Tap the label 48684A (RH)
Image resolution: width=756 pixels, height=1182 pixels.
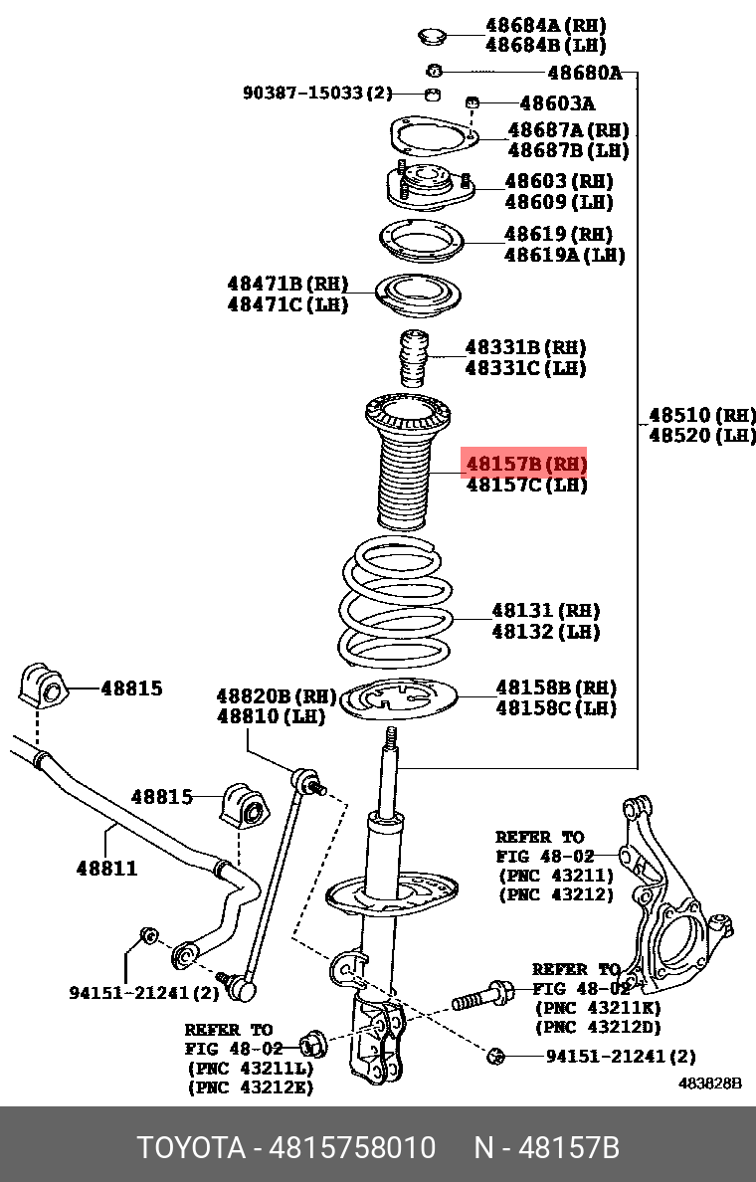545,25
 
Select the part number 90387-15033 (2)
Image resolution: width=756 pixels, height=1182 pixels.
317,94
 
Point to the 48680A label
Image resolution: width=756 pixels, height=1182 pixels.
584,73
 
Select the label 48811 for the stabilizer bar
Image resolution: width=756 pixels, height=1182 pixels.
106,869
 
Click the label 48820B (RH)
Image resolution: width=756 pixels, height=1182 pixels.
277,695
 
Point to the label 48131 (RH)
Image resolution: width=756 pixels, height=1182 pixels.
545,611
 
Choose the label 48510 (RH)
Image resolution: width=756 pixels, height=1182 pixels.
702,415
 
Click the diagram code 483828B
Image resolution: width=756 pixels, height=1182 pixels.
710,1083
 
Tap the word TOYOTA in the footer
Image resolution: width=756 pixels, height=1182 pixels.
190,1148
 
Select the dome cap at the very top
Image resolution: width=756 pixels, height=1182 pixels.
430,37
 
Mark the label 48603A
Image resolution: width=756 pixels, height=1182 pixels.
557,102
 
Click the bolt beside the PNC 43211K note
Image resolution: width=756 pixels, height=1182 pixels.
483,995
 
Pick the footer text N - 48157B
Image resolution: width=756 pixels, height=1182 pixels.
546,1148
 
